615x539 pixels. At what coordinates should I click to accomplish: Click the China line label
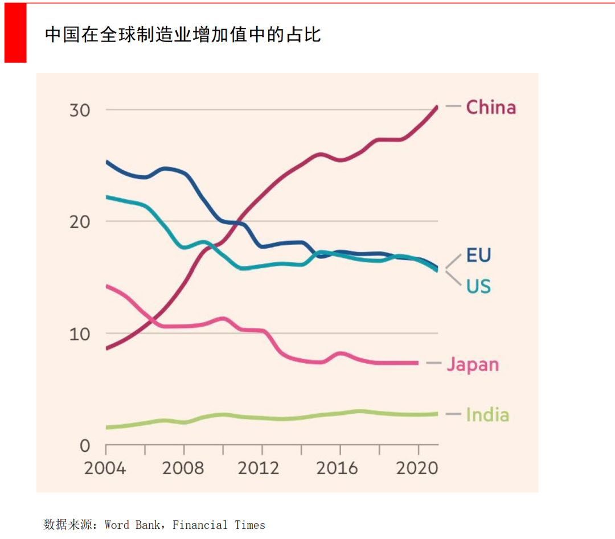click(490, 107)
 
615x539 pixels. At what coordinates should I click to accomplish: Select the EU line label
click(478, 255)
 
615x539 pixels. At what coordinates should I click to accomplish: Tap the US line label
click(478, 286)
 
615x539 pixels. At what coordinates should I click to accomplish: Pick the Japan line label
click(472, 364)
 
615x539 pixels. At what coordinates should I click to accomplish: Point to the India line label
click(487, 414)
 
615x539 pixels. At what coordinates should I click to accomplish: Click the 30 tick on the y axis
click(80, 110)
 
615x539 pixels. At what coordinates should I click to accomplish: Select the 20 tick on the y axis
click(80, 221)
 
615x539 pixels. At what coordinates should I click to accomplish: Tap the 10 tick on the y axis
click(80, 334)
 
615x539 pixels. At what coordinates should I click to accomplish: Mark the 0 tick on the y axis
click(84, 445)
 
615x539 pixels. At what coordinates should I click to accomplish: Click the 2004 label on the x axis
click(105, 468)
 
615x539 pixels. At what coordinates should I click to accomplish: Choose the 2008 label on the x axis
click(183, 468)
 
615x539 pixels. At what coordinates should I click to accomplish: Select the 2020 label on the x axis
click(417, 468)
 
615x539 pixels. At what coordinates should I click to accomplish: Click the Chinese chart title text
click(183, 35)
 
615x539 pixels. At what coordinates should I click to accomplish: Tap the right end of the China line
click(437, 106)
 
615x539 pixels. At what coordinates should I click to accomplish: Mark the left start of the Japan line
click(107, 286)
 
